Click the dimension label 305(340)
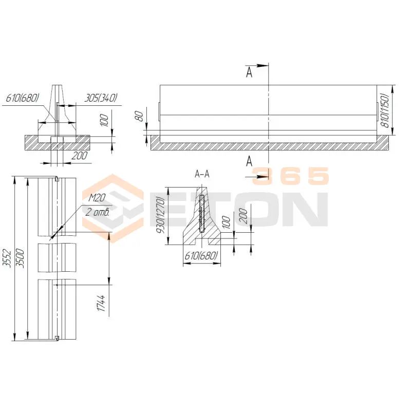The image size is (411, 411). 100,98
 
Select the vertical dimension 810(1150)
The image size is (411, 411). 386,110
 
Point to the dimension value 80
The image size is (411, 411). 140,116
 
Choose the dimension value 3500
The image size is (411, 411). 20,258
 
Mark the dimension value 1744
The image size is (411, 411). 101,303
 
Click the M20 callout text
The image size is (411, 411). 97,198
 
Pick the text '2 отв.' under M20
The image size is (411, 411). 97,212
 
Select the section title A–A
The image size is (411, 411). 202,174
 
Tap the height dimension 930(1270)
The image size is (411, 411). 161,215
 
